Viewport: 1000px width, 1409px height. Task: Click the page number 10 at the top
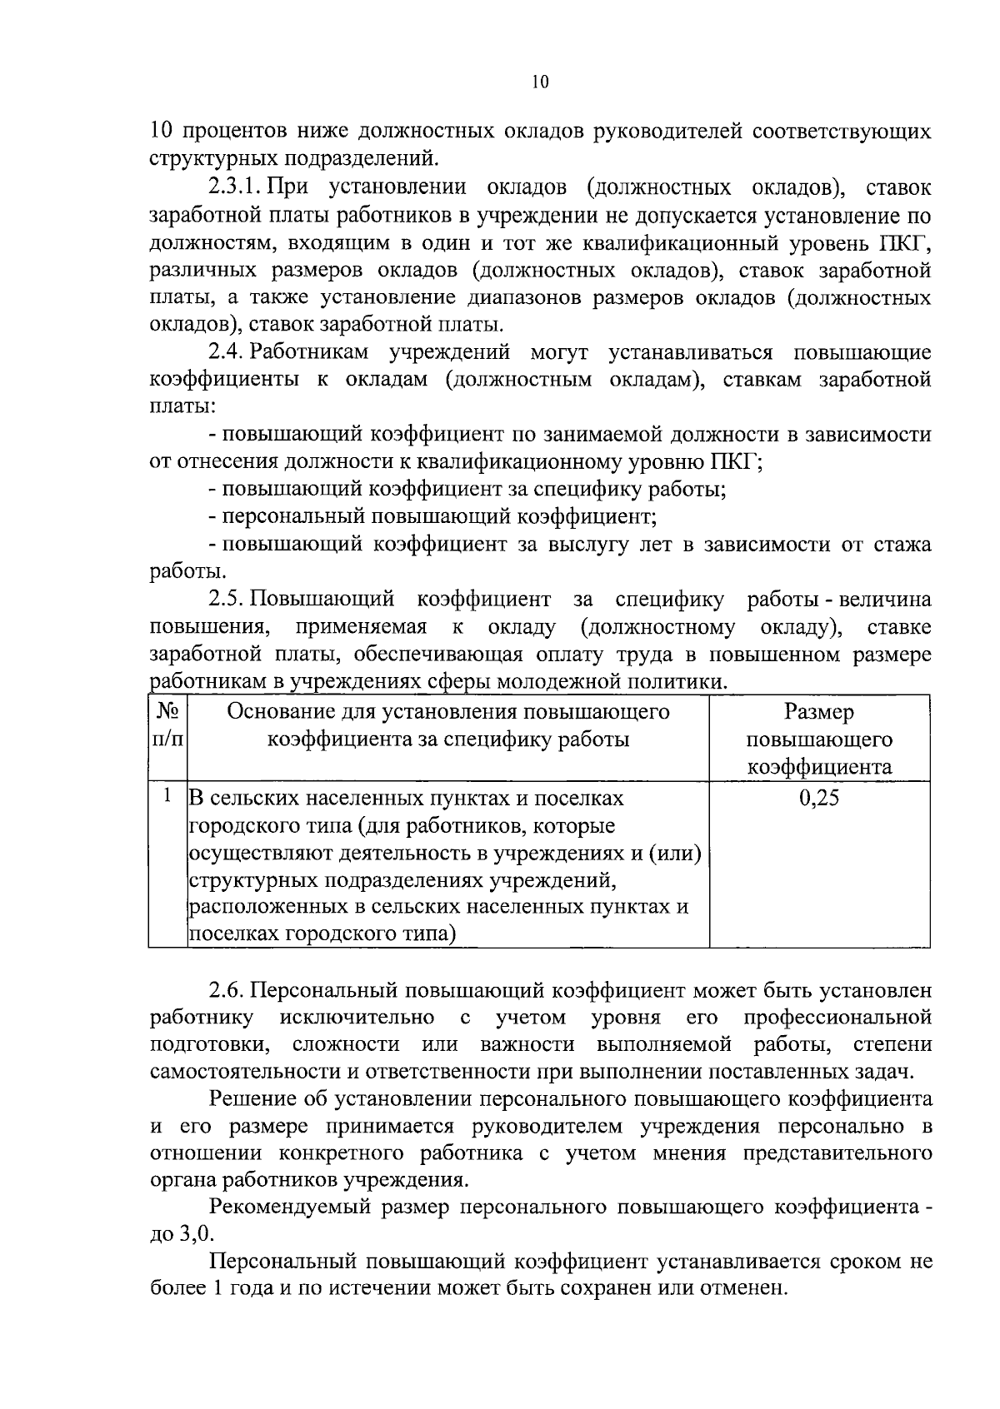pos(539,82)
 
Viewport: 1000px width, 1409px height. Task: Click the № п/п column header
pos(167,725)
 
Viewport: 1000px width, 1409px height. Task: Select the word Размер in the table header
pos(819,712)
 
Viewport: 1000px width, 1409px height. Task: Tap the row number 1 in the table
pos(167,796)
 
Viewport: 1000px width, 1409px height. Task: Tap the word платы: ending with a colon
pos(182,407)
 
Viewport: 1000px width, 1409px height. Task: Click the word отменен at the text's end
pos(741,1288)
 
